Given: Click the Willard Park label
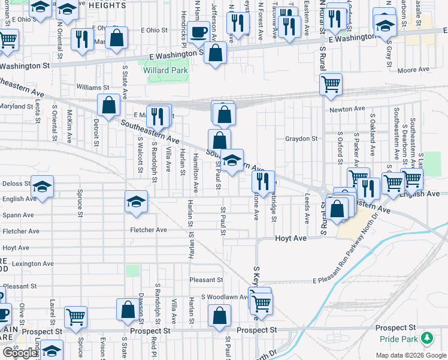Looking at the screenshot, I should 166,70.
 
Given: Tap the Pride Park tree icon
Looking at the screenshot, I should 426,339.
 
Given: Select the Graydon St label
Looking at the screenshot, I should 301,139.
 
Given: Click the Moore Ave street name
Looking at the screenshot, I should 413,70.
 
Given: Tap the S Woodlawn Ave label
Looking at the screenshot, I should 225,296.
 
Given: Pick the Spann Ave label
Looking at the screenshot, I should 18,215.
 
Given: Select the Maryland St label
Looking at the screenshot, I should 16,107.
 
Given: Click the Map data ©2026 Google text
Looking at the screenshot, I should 410,355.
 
